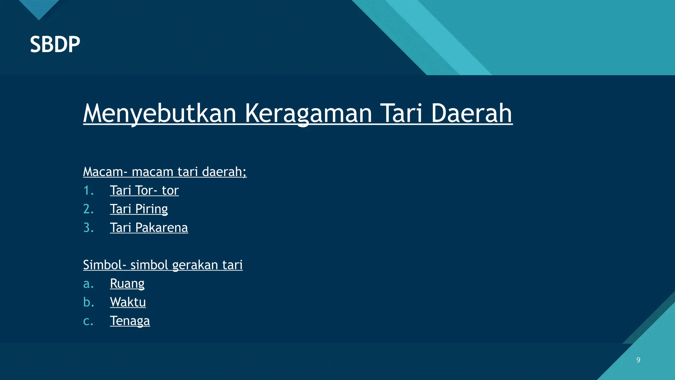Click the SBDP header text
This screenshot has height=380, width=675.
55,44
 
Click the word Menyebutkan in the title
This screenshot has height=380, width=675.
160,113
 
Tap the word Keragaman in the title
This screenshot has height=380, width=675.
308,113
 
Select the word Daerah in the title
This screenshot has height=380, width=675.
471,113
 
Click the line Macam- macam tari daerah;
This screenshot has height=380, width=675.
164,172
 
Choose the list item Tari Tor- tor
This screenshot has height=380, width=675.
144,190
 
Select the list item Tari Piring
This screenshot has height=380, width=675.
139,209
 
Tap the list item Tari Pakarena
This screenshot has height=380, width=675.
149,228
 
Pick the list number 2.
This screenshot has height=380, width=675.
88,209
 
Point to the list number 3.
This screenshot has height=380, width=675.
88,228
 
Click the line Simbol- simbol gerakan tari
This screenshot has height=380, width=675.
162,265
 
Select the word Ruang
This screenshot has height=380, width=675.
127,284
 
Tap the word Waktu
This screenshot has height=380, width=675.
128,302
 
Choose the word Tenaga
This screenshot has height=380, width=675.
130,321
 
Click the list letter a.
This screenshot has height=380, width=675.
88,284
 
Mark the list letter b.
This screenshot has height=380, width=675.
88,302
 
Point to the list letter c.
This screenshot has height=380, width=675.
88,321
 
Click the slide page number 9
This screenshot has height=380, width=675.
638,360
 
